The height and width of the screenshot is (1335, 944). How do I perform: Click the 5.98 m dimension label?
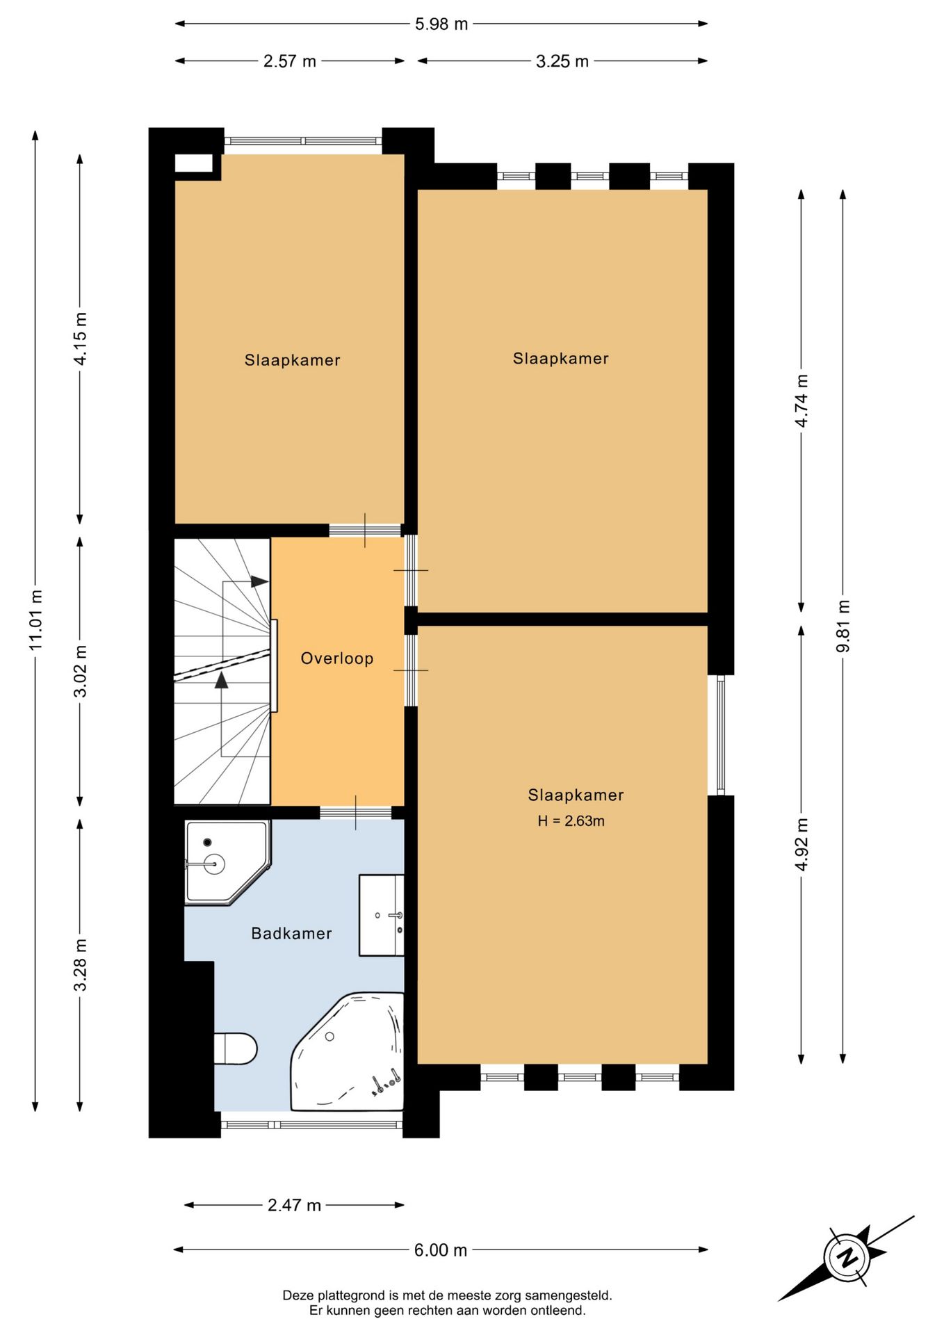point(441,24)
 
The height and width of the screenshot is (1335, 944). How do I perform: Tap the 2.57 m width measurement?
point(290,61)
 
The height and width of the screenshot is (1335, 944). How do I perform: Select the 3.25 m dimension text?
point(562,61)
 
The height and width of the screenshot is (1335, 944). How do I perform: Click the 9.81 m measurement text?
point(843,626)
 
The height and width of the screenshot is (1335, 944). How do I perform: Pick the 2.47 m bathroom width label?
point(295,1205)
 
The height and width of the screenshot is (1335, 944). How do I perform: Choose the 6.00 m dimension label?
point(441,1250)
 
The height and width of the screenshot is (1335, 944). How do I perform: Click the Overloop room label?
point(337,658)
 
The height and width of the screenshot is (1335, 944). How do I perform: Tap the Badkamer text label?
point(292,933)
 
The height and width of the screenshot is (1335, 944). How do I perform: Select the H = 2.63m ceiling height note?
point(571,821)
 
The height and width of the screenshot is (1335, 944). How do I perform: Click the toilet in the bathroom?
point(236,1049)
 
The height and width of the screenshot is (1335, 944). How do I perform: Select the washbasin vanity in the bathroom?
point(382,915)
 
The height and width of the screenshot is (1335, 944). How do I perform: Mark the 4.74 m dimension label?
point(801,400)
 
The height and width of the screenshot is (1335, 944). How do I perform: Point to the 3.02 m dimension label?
point(81,671)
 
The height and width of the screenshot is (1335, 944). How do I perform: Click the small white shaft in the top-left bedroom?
point(193,163)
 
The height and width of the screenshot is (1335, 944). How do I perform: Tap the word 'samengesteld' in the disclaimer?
point(569,1295)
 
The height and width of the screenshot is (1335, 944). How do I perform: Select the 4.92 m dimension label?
point(801,844)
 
